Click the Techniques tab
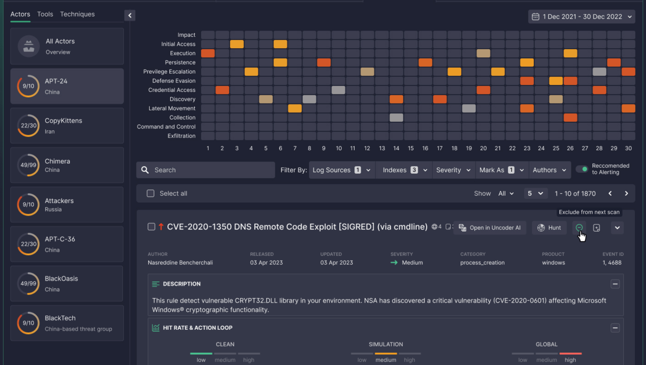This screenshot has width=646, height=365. [x=77, y=14]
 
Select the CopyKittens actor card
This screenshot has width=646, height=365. [x=67, y=125]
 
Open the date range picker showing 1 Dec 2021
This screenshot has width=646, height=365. [x=581, y=17]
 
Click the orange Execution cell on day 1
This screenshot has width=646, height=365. [x=208, y=53]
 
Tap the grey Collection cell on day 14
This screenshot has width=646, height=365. [x=396, y=118]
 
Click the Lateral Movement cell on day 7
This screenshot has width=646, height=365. [x=295, y=108]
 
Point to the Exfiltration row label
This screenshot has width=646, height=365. [x=181, y=136]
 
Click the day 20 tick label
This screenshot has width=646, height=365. [x=483, y=148]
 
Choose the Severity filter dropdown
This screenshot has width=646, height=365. [x=453, y=170]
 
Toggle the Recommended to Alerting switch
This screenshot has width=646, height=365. [x=582, y=169]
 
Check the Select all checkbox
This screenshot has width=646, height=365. [x=150, y=193]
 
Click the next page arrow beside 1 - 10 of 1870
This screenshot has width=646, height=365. [x=626, y=193]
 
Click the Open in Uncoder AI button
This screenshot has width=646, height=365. [x=490, y=228]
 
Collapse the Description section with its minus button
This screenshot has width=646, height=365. [x=615, y=284]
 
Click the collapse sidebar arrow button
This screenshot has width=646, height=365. [x=130, y=15]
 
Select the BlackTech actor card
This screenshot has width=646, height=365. [x=67, y=323]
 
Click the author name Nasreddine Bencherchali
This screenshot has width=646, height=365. [x=180, y=263]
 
